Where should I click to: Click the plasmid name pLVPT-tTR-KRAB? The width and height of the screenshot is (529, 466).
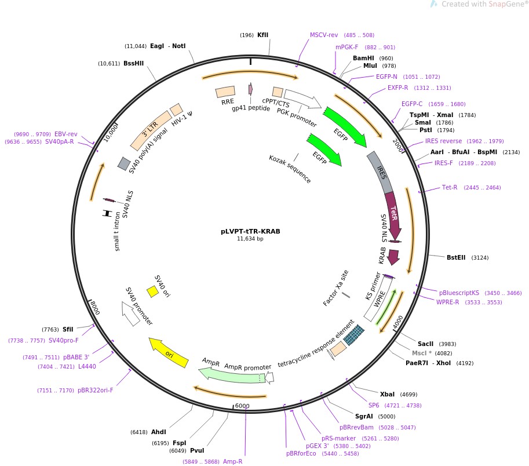click(x=250, y=231)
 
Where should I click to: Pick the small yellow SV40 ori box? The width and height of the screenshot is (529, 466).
click(x=152, y=292)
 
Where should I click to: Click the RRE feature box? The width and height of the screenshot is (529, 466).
click(x=225, y=92)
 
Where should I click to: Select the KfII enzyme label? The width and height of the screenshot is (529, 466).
click(x=262, y=35)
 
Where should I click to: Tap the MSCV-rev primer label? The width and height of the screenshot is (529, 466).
click(x=324, y=35)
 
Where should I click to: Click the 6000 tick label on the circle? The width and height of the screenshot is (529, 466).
click(x=242, y=406)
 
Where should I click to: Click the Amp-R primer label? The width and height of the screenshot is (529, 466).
click(x=232, y=461)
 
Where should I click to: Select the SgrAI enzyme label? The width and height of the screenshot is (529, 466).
click(x=364, y=416)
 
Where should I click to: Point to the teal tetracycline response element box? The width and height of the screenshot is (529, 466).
click(x=355, y=334)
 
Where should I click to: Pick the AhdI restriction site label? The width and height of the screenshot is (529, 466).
click(x=159, y=432)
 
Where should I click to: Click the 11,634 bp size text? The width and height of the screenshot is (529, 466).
click(x=250, y=238)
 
